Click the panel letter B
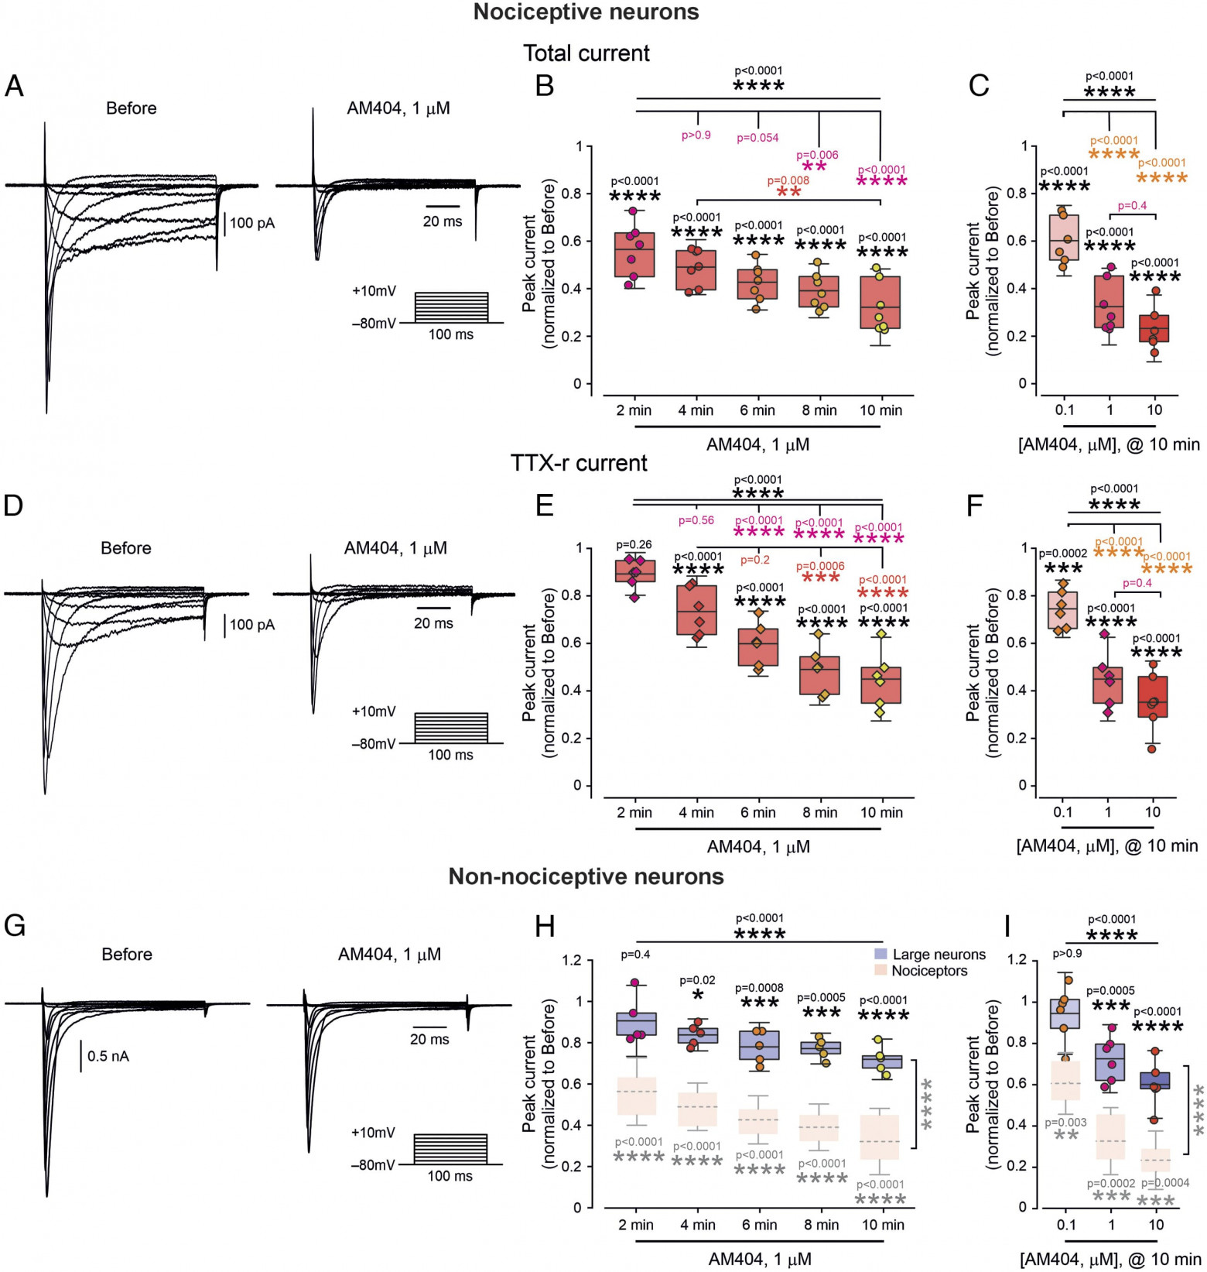545,86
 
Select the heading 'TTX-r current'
579,463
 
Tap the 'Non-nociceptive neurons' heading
586,876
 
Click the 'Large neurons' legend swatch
880,955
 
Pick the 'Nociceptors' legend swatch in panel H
880,971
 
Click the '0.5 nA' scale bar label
108,1056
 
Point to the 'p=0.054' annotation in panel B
757,138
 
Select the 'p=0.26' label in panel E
634,545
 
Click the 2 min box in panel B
634,255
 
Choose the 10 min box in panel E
881,684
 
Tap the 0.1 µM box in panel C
1064,238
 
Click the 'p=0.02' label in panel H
697,980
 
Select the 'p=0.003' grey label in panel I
1066,1123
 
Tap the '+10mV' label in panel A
374,291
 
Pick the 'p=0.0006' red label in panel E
820,566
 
